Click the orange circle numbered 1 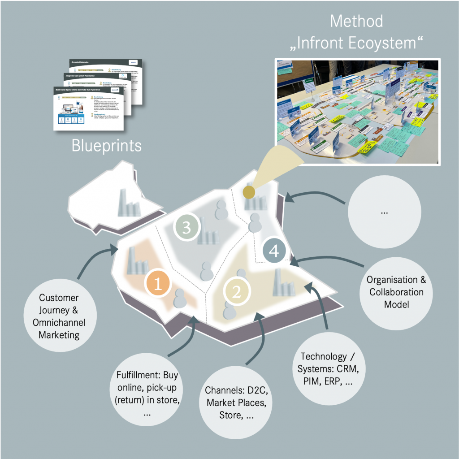[158, 283]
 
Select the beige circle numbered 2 [236, 292]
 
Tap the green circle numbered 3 [186, 227]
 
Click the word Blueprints [107, 145]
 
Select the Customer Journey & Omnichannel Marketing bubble [59, 316]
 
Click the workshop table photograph [358, 111]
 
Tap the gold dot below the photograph [249, 192]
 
